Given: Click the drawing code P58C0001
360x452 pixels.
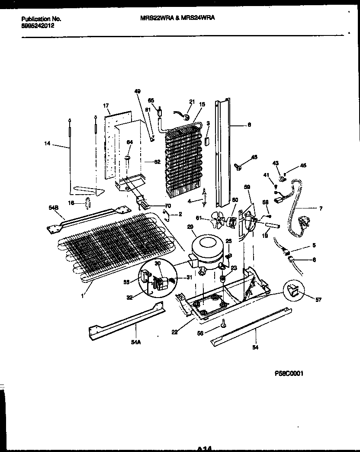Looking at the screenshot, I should pyautogui.click(x=289, y=373).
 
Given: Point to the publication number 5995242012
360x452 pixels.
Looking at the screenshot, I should pyautogui.click(x=38, y=25).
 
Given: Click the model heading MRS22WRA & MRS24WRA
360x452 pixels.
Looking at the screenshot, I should pyautogui.click(x=178, y=19).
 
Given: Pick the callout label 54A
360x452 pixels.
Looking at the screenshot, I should pyautogui.click(x=135, y=341).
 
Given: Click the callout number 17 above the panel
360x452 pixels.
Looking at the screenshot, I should pyautogui.click(x=106, y=106).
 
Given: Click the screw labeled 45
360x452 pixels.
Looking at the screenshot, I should pyautogui.click(x=238, y=166).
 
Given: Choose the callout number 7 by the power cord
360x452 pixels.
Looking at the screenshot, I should pyautogui.click(x=321, y=208).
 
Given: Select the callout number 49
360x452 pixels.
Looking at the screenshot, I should pyautogui.click(x=138, y=91).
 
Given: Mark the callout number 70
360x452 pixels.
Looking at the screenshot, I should pyautogui.click(x=168, y=206).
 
